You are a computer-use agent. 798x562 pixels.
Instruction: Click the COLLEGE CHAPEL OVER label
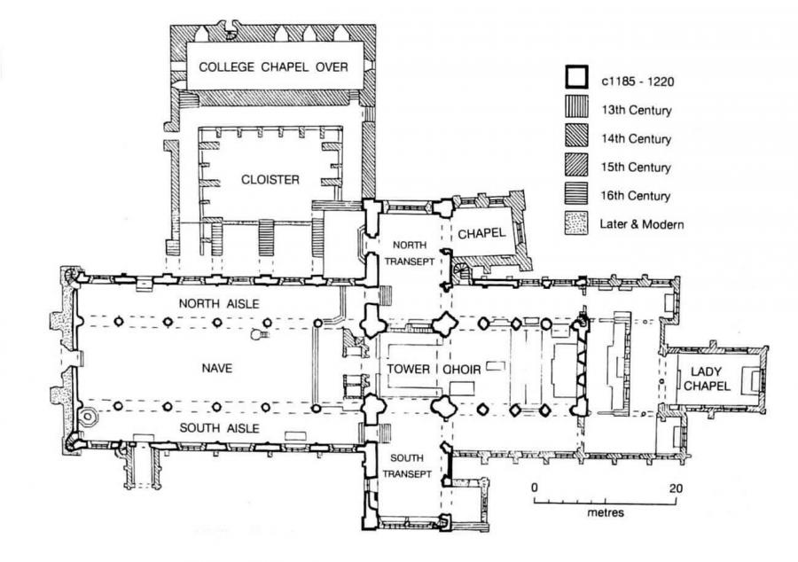pos(272,66)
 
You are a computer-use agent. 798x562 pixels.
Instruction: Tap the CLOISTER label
pos(270,179)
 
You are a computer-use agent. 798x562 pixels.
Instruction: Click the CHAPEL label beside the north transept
pos(481,233)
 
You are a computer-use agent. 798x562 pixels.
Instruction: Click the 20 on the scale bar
pos(677,488)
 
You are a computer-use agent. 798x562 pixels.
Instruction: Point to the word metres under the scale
pos(606,513)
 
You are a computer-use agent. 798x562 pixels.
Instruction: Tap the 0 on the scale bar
pos(535,488)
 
